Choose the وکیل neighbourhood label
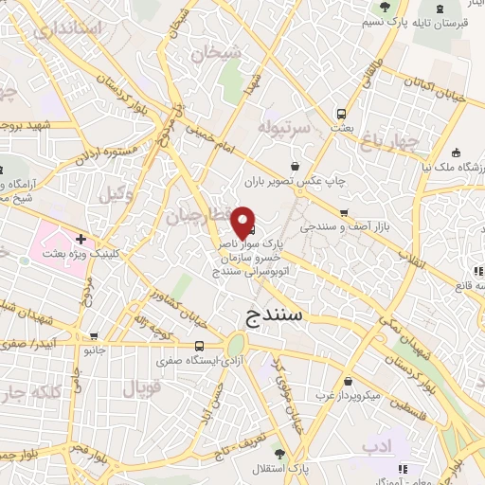click(x=114, y=195)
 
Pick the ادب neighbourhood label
click(x=376, y=444)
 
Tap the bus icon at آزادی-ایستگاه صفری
click(x=199, y=347)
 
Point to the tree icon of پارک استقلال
click(x=278, y=454)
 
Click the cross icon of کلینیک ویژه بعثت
click(x=82, y=240)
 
